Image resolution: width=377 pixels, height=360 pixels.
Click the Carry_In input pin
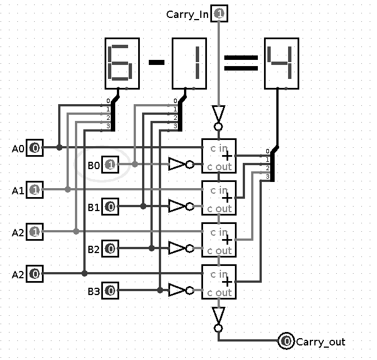tap(219, 15)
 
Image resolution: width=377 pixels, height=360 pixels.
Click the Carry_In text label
tap(188, 15)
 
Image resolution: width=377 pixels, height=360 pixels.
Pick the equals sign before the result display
tap(241, 62)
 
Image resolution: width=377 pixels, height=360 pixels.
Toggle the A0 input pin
tap(35, 148)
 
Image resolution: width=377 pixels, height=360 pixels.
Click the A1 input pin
tap(35, 190)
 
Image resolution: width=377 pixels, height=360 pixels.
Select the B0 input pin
tap(110, 165)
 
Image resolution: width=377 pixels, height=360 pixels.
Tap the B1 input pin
tap(110, 207)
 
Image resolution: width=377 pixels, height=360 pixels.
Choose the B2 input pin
tap(110, 249)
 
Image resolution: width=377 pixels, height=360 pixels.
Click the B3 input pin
tap(110, 291)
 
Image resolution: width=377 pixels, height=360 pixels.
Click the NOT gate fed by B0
tap(180, 165)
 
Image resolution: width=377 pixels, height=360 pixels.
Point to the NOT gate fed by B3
tap(180, 291)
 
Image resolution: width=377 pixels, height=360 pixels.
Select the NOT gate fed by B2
tap(180, 249)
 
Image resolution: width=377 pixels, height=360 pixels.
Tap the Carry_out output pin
tap(286, 341)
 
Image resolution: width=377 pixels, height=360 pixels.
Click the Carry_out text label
tap(321, 342)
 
